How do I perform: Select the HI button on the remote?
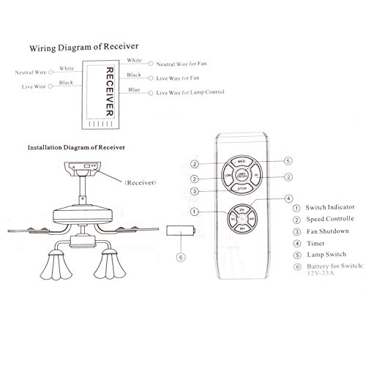point(256,176)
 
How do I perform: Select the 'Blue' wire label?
point(133,90)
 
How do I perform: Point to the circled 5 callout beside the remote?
point(288,161)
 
